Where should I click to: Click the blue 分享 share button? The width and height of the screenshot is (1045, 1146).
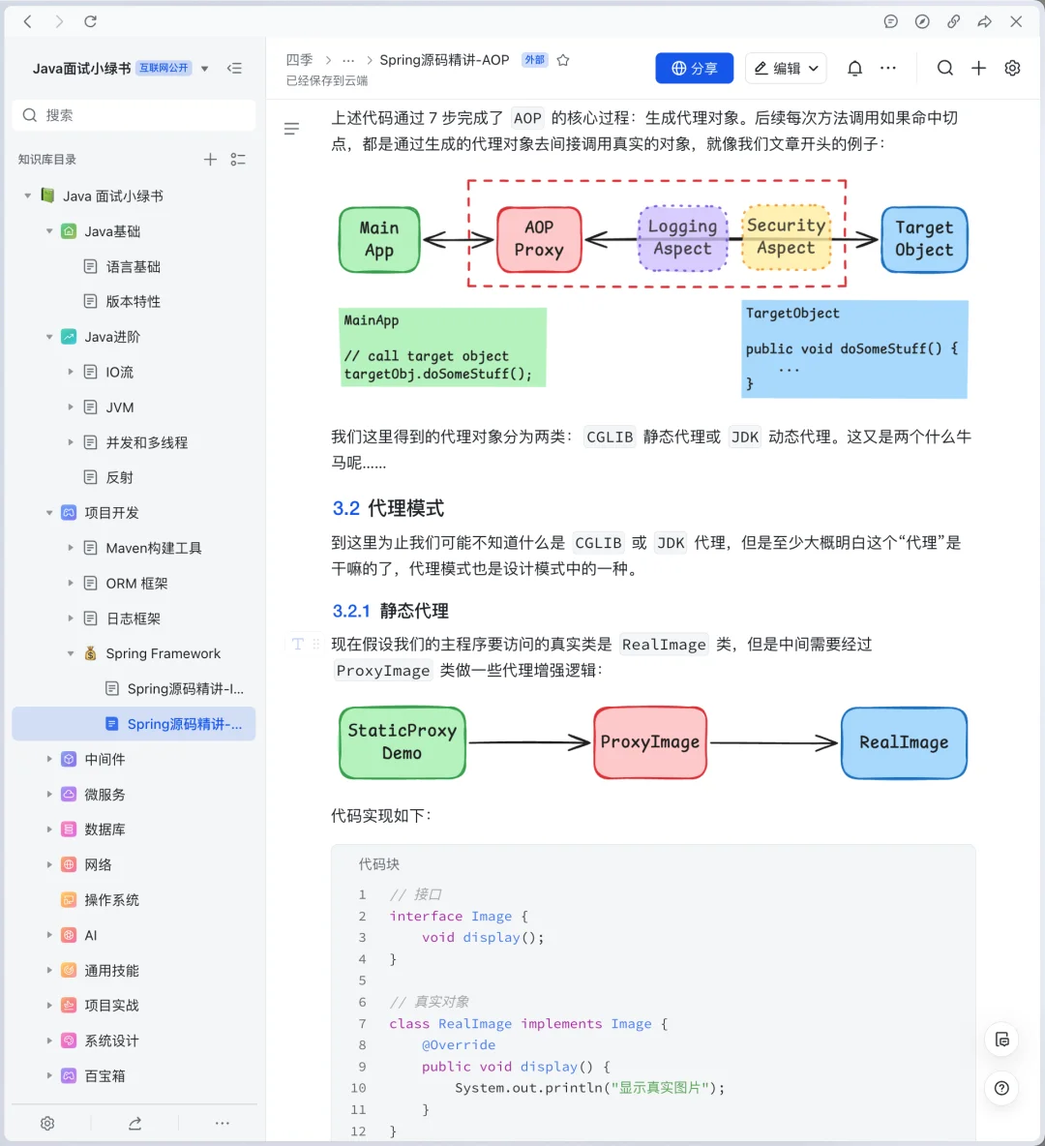694,69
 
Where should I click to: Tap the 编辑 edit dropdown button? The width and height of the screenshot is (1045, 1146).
786,69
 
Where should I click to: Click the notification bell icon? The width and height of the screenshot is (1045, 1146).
854,69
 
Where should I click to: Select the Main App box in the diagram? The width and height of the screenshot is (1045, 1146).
379,239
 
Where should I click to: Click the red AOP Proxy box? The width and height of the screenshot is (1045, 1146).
539,239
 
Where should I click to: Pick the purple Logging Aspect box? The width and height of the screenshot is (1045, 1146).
682,238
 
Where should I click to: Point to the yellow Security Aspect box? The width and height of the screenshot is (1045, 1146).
786,237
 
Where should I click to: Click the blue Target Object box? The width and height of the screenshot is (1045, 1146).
923,239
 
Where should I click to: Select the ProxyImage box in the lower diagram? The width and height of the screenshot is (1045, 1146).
650,742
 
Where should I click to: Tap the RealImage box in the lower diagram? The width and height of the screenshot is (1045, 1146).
904,742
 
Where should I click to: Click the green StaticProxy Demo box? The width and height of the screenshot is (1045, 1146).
403,742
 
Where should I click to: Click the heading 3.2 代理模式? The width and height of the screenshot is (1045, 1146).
388,508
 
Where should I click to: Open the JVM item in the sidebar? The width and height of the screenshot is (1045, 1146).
120,407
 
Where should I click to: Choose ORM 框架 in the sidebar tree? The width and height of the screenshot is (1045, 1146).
136,584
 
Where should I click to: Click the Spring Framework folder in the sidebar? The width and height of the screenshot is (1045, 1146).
163,653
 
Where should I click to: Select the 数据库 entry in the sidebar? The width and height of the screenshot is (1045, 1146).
104,829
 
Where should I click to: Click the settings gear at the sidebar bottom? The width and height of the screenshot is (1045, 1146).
47,1123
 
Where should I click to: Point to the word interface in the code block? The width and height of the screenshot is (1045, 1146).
426,916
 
